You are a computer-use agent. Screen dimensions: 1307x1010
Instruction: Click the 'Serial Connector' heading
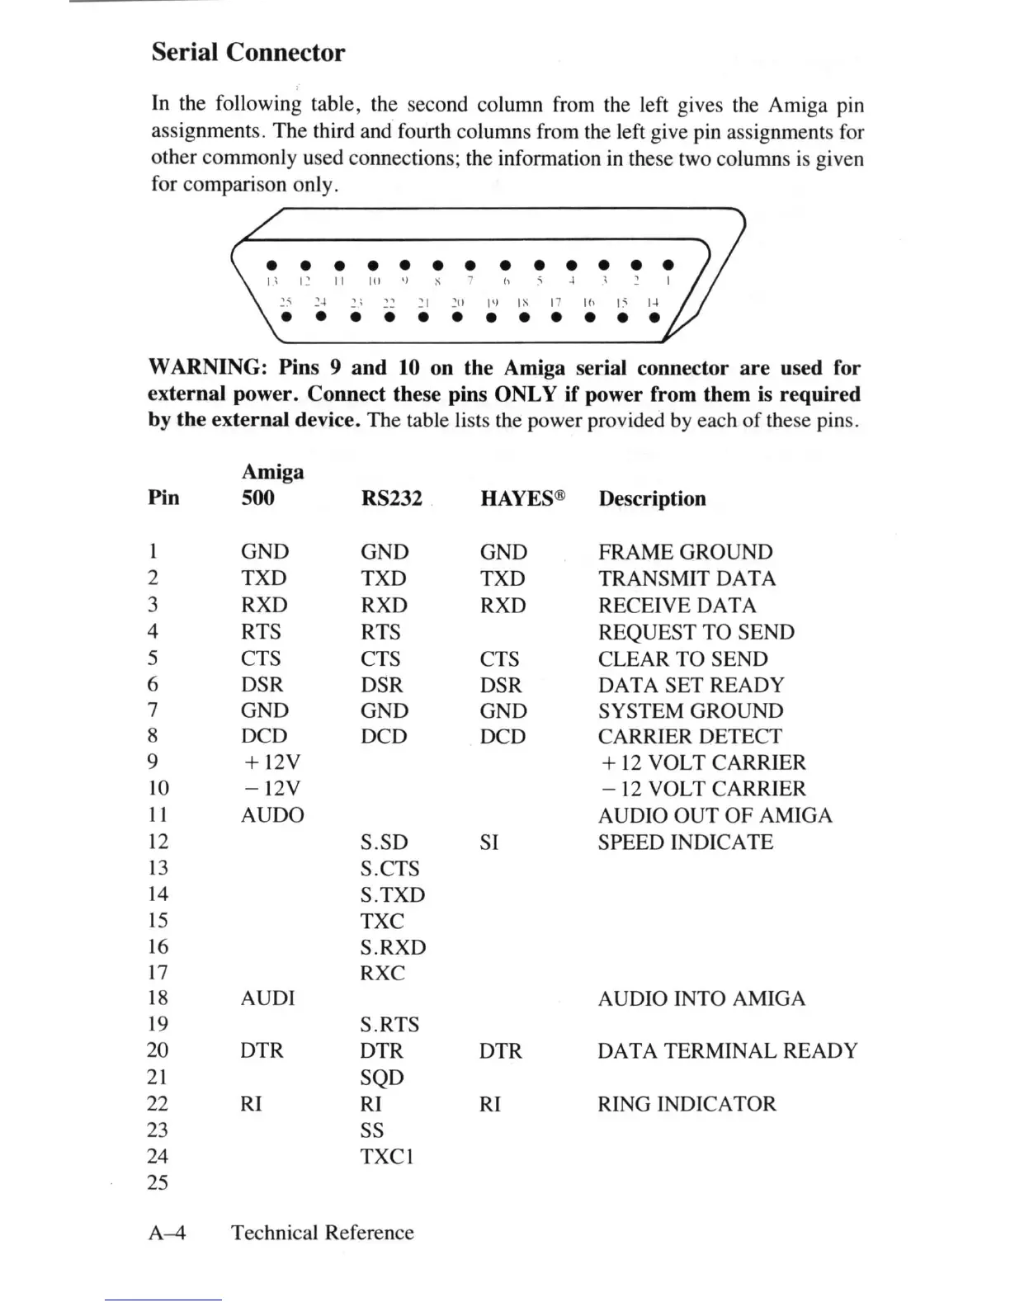(248, 53)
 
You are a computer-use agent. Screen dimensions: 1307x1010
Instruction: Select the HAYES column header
(522, 498)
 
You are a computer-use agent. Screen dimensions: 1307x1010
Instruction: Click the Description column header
(652, 498)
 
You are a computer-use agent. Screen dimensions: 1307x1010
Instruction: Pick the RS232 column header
(391, 498)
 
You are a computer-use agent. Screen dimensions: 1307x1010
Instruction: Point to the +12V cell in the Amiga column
(270, 762)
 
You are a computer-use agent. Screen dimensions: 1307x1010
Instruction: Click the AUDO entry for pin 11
(272, 815)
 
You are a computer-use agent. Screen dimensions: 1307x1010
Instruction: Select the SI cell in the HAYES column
(489, 842)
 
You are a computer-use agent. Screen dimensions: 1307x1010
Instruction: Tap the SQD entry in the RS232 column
(382, 1078)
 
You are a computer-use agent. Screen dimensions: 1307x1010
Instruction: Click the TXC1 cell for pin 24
(386, 1157)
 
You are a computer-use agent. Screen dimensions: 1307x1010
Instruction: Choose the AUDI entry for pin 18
(267, 998)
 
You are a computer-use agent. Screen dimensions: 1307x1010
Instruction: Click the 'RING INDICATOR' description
(687, 1104)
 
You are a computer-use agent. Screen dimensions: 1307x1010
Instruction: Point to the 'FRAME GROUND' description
(685, 552)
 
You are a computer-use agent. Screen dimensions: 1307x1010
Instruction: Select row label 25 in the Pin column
(158, 1183)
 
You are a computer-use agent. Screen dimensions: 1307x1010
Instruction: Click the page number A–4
(168, 1233)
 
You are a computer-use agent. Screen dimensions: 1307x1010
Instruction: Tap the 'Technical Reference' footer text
(323, 1233)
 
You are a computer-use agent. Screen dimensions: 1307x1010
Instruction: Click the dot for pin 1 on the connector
(668, 266)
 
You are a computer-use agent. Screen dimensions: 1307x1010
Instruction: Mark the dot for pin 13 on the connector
(271, 266)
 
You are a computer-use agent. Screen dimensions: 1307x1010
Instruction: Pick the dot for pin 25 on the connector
(286, 317)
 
